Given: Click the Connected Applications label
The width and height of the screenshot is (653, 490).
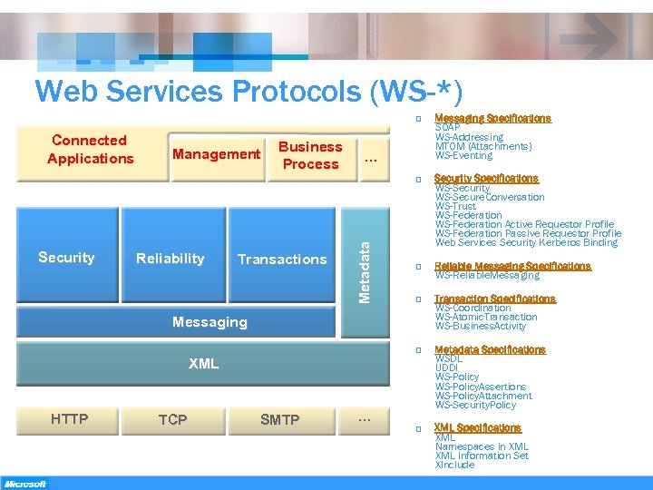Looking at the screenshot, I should point(90,150).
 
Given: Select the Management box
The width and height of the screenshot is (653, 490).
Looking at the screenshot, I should point(216,154).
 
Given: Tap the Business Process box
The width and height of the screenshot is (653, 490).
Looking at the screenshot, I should point(310,155).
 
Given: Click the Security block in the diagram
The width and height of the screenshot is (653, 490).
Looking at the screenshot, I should point(66,258).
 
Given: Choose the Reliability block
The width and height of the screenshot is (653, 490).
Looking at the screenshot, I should point(170,259).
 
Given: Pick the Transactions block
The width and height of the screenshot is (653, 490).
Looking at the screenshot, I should point(281,260).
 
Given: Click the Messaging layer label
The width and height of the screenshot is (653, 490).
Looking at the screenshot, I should point(209,322).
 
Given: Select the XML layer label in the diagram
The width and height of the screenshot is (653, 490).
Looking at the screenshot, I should point(203,364).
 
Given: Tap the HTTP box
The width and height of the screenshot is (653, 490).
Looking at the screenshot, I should point(70,419).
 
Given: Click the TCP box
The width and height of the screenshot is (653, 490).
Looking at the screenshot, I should point(172,419).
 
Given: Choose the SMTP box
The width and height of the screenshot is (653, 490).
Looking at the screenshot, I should point(279,419).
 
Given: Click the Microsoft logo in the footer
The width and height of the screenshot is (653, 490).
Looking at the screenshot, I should point(24,484).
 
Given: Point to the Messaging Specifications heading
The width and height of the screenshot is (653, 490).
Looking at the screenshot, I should point(492,118).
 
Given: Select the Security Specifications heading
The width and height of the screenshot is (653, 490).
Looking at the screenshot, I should point(486,178).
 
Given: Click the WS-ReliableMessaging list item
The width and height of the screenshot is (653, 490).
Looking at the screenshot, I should point(487,275).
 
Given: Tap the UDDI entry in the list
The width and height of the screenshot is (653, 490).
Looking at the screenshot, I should point(446,367).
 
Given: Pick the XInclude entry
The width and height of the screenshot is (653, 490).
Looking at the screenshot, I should point(454,465).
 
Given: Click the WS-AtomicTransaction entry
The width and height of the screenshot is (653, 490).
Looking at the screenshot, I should point(485,317).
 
